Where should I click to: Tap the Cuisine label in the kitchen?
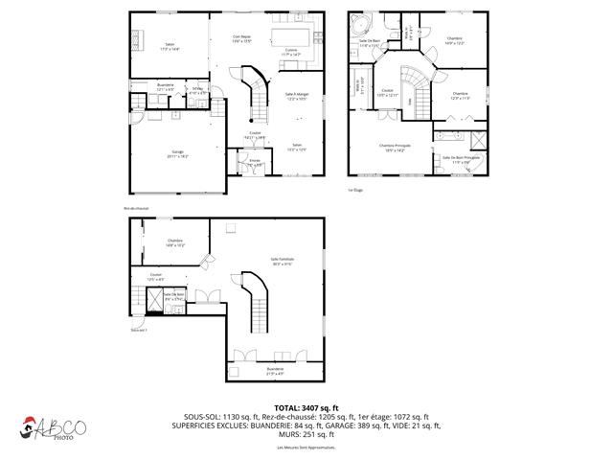(291, 55)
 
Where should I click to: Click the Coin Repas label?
(241, 37)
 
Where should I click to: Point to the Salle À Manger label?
(297, 96)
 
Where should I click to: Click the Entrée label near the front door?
(255, 162)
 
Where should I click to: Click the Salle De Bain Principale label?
(461, 159)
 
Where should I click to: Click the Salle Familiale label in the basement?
(282, 262)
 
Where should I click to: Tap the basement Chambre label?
(175, 242)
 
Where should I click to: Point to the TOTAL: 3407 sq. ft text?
(306, 408)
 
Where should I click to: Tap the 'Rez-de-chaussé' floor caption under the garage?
(135, 207)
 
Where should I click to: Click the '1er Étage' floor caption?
(355, 190)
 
